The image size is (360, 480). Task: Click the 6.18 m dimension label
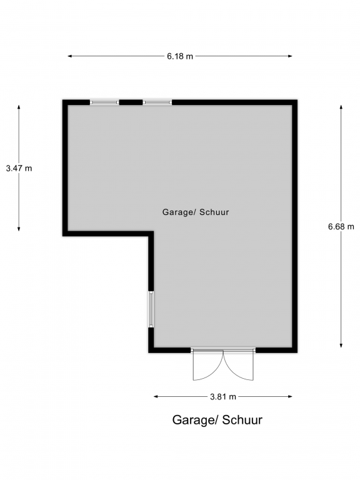point(180,56)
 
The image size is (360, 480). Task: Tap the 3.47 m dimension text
point(19,168)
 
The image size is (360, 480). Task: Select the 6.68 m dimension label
point(341,226)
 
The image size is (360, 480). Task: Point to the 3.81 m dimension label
point(223,397)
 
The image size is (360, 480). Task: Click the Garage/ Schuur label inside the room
point(196,212)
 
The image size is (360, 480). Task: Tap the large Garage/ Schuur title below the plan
point(217,420)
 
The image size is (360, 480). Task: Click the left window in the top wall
point(104,102)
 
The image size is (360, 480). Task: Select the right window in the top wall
point(157,102)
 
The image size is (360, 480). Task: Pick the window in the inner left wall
point(151,309)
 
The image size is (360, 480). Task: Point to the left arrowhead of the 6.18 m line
point(70,56)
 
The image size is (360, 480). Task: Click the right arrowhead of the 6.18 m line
point(290,56)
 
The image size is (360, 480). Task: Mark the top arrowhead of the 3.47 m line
point(19,107)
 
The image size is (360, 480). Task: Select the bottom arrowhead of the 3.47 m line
point(19,229)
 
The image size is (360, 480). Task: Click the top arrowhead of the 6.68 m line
point(341,107)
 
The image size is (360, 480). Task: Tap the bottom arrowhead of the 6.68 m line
point(341,345)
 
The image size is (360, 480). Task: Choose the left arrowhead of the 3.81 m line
point(156,396)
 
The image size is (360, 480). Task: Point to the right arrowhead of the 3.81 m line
point(290,396)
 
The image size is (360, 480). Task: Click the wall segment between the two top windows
point(131,102)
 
